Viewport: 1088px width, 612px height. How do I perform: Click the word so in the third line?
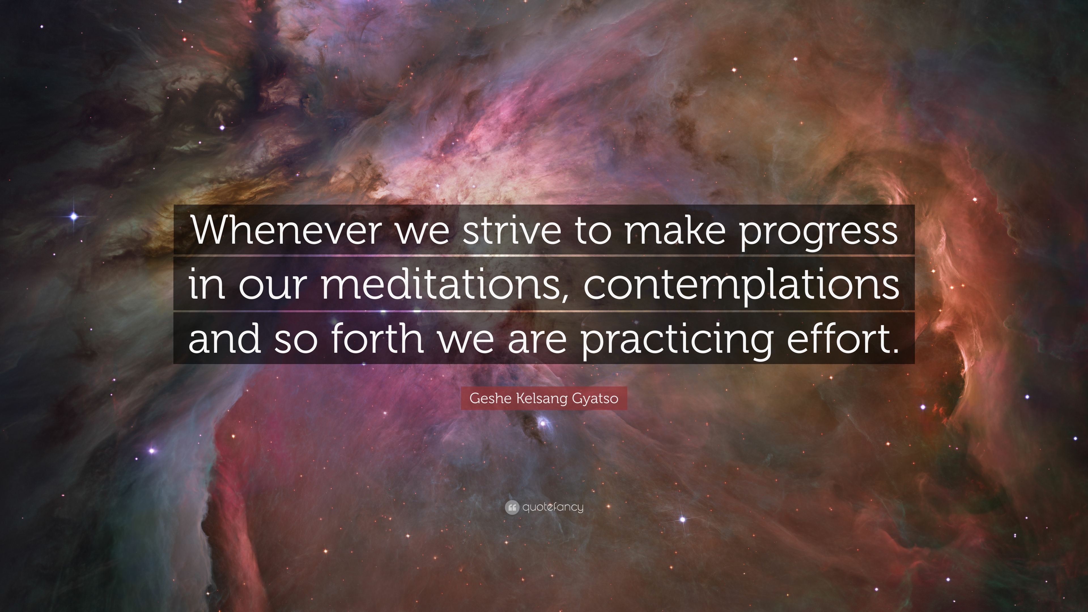point(295,341)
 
